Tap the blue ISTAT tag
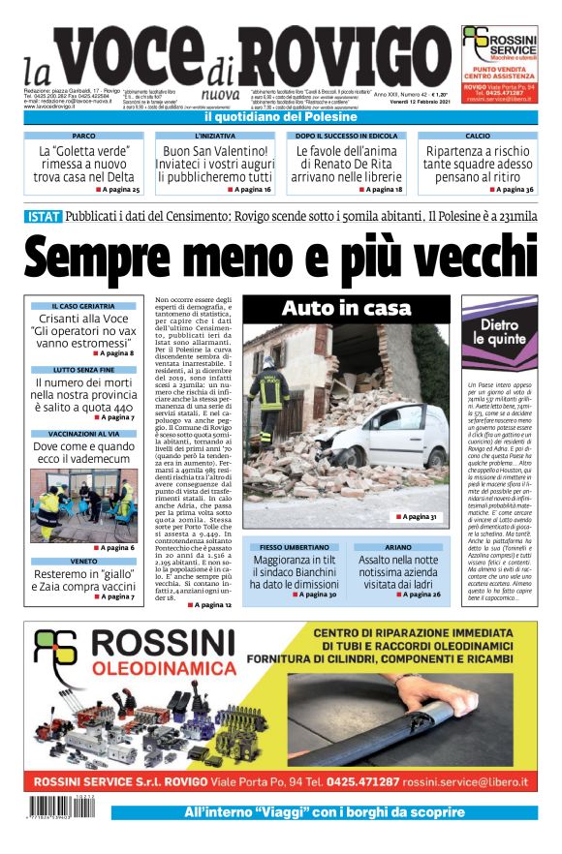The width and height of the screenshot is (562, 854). (x=43, y=217)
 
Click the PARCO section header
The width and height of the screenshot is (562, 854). (x=84, y=137)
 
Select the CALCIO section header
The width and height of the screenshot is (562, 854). (x=477, y=137)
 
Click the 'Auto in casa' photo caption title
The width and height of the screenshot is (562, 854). (x=345, y=309)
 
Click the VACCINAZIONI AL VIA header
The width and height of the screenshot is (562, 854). (x=82, y=434)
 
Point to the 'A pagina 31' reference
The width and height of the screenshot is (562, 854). (x=416, y=517)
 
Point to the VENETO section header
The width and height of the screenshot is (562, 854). (x=82, y=561)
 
